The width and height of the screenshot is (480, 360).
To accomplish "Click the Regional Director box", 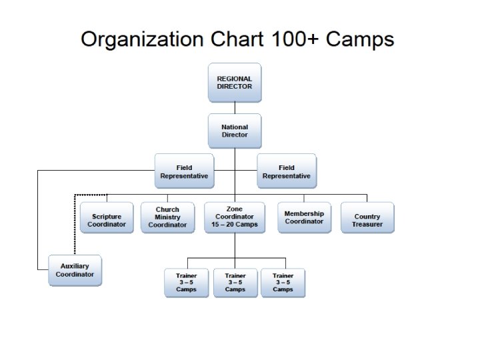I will (x=235, y=83).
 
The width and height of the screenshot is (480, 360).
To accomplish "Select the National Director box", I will (x=235, y=131).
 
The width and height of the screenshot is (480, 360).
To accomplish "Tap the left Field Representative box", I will (x=184, y=171).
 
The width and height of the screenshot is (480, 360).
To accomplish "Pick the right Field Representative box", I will (x=287, y=171).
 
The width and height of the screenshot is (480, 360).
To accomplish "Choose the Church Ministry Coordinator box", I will (x=167, y=217).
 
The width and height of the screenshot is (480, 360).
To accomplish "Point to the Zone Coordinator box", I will (x=235, y=217).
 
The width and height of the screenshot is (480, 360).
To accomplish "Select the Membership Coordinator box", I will (x=304, y=217).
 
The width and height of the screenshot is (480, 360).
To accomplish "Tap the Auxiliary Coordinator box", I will (x=75, y=270).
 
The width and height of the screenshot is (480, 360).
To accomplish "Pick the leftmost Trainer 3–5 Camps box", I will (x=187, y=283).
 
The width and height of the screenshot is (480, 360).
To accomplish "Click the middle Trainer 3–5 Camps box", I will (x=235, y=283).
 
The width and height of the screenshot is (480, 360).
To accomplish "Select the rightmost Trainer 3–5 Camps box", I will (x=283, y=283).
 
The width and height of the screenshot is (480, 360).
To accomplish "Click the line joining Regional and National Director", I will (x=235, y=107).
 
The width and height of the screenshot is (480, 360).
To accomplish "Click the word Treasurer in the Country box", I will (x=367, y=225).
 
